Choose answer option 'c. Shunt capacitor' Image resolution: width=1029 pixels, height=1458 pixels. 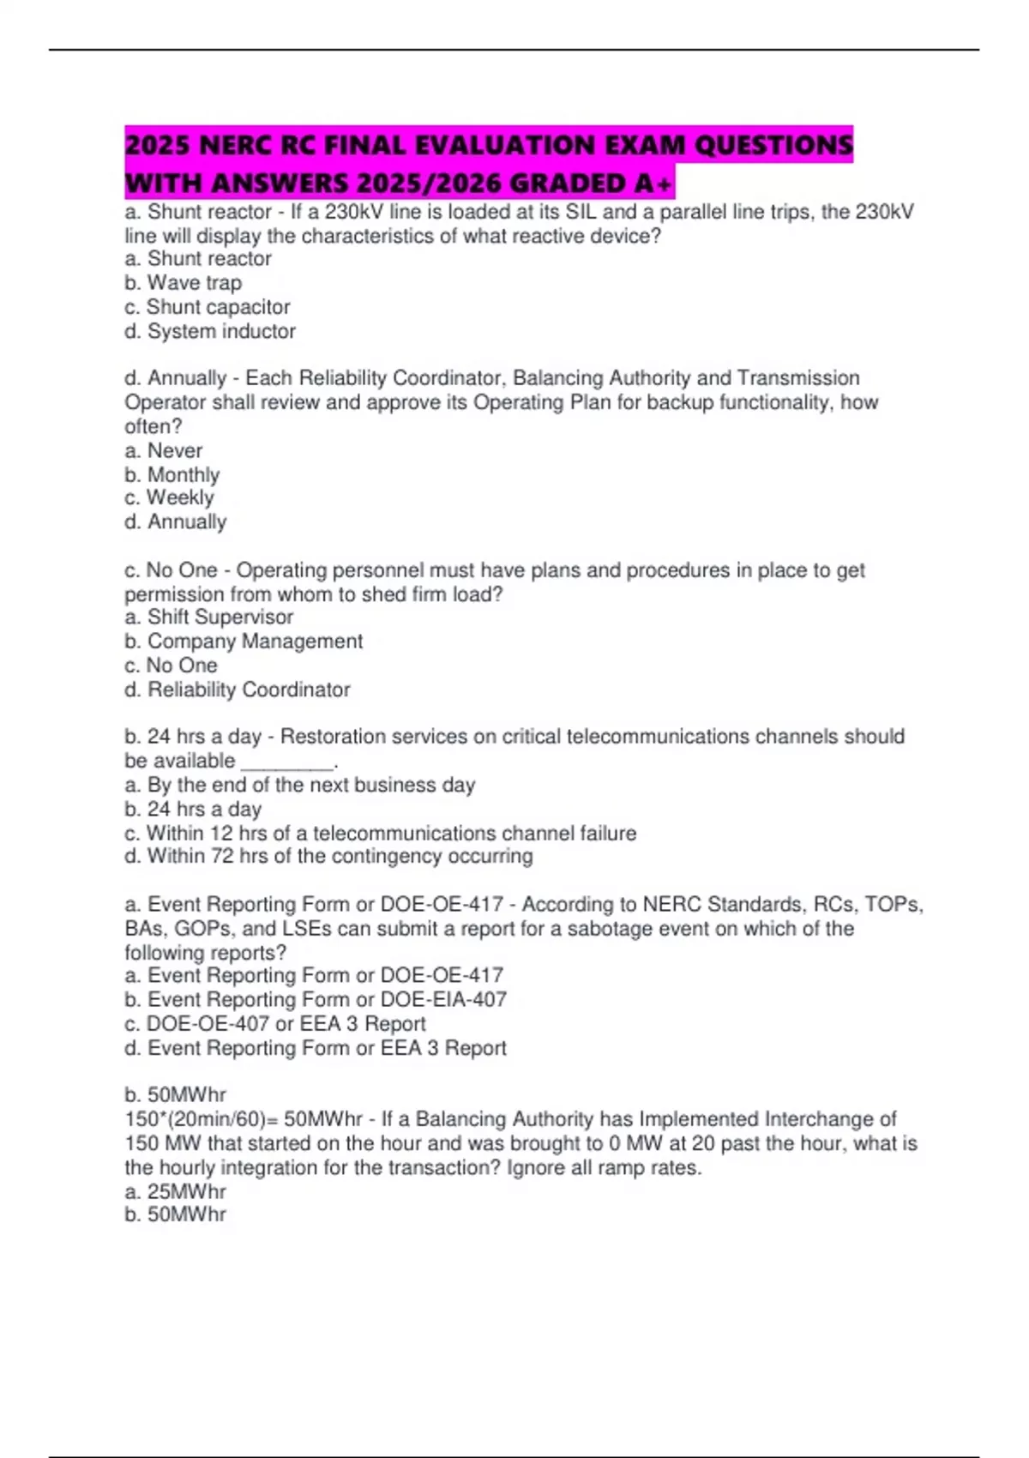pyautogui.click(x=207, y=307)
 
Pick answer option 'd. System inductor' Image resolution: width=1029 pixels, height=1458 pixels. pyautogui.click(x=209, y=331)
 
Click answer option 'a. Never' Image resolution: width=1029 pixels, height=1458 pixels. pyautogui.click(x=163, y=450)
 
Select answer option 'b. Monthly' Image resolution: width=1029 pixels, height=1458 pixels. pyautogui.click(x=171, y=474)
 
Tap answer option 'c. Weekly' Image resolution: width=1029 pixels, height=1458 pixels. pyautogui.click(x=169, y=497)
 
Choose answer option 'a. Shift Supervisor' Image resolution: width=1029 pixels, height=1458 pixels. pyautogui.click(x=208, y=617)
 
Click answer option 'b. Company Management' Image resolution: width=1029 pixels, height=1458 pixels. pyautogui.click(x=243, y=641)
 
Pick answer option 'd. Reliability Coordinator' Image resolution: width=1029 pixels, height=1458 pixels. pyautogui.click(x=237, y=690)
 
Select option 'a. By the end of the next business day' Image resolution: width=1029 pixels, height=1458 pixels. pyautogui.click(x=299, y=785)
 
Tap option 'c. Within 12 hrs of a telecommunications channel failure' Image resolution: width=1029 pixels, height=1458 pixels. pyautogui.click(x=380, y=833)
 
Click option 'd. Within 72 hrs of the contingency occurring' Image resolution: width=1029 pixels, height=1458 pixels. pyautogui.click(x=328, y=856)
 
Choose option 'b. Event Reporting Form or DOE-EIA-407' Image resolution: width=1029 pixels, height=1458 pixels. pyautogui.click(x=315, y=999)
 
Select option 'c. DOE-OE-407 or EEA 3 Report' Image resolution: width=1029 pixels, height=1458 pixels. pyautogui.click(x=274, y=1023)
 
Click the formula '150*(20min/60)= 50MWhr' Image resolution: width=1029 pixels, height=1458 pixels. pyautogui.click(x=244, y=1119)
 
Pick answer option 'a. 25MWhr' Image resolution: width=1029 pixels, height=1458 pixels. pyautogui.click(x=175, y=1191)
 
